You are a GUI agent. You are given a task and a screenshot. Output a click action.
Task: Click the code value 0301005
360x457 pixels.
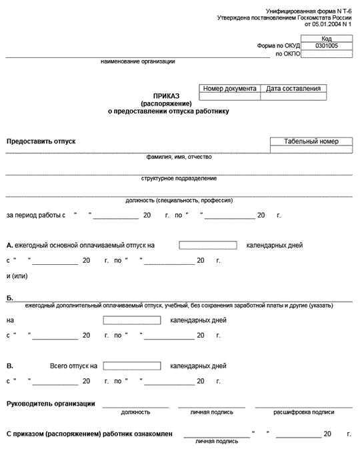327,46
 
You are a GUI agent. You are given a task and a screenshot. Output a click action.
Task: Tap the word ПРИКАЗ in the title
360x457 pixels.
166,96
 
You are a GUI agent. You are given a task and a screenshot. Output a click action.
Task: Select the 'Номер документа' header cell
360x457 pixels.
229,88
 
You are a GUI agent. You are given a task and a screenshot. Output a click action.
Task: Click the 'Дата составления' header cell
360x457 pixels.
293,88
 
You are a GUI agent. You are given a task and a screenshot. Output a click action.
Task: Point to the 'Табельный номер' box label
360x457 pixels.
311,141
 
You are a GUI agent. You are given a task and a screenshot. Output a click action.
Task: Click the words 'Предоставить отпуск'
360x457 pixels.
41,141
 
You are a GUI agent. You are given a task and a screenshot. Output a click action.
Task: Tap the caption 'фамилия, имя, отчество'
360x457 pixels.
179,157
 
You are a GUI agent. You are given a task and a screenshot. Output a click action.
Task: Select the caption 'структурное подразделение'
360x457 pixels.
179,178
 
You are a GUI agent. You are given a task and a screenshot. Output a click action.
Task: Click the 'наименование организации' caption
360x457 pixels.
138,61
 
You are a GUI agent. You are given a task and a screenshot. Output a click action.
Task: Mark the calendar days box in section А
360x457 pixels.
208,245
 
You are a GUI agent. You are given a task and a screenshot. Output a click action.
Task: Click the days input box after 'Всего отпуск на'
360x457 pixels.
132,366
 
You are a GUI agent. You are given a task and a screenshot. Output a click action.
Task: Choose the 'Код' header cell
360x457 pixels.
327,39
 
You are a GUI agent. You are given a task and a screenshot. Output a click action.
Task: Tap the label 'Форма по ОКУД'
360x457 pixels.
279,46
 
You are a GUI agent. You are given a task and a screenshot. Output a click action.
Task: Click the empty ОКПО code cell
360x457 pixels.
327,54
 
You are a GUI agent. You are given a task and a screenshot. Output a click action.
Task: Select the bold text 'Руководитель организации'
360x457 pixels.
51,404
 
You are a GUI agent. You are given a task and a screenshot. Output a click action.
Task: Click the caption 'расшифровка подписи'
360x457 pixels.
303,412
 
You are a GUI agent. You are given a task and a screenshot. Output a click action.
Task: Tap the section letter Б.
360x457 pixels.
10,298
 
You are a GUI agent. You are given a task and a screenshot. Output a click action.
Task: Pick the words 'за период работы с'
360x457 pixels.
36,215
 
